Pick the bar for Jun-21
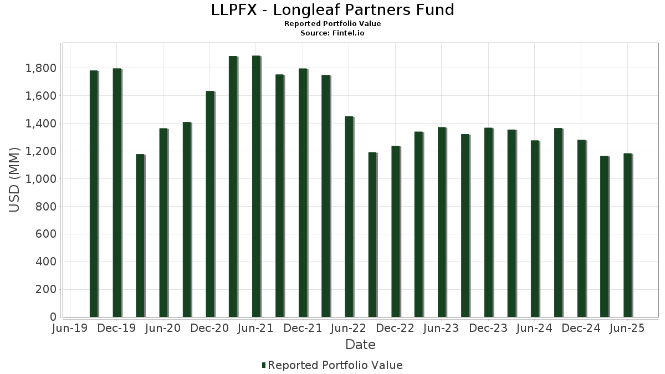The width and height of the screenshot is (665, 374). (256, 186)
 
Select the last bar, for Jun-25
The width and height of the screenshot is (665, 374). (627, 235)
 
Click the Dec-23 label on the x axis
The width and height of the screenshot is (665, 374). (488, 328)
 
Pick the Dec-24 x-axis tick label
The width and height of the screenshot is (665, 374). (581, 328)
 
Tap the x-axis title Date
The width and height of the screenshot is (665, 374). (360, 345)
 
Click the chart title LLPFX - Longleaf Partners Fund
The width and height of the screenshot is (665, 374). (332, 10)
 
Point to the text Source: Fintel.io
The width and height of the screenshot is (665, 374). (332, 33)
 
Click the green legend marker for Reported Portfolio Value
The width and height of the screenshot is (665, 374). (264, 365)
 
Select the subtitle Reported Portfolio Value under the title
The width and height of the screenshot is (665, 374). (332, 24)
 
